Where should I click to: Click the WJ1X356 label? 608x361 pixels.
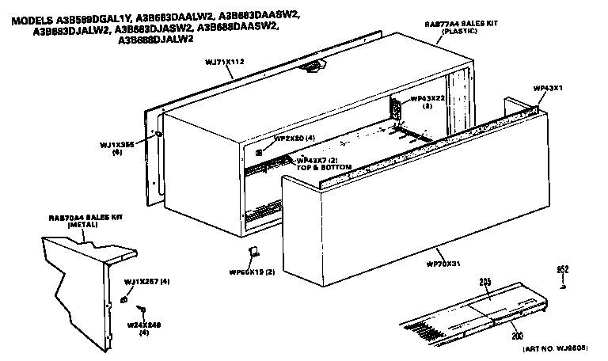point(116,148)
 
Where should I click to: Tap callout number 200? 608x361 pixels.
point(517,336)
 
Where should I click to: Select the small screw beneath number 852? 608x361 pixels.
point(562,287)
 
